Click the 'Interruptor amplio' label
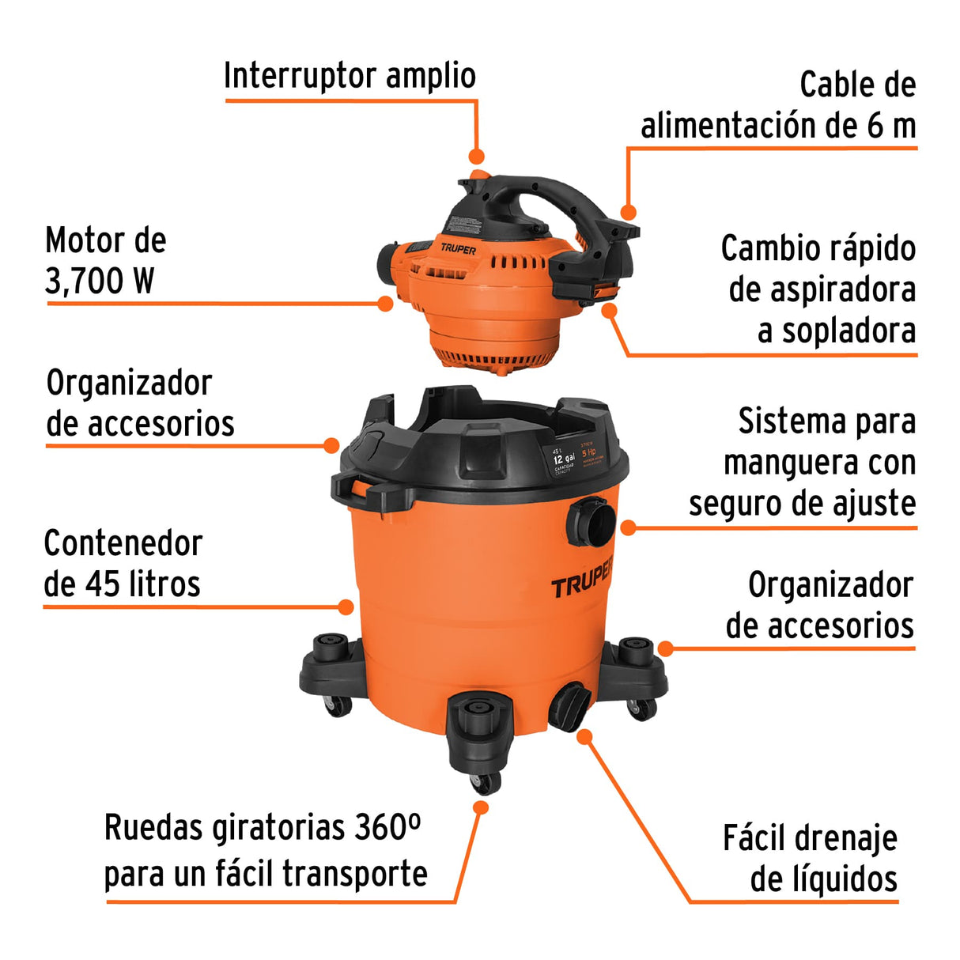[x=350, y=77]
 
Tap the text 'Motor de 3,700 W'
[x=105, y=261]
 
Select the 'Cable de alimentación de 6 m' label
[x=778, y=106]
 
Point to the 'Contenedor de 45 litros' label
[x=123, y=564]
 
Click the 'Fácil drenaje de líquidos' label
[x=811, y=859]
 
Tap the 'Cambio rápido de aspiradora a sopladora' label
[x=818, y=289]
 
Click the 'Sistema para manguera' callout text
[x=803, y=463]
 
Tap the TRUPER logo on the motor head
[x=459, y=249]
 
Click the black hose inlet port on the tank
[x=591, y=522]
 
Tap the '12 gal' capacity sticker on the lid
[x=564, y=459]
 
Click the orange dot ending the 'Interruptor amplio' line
[x=476, y=157]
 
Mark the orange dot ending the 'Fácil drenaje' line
[x=584, y=737]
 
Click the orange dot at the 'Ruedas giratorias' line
[x=480, y=807]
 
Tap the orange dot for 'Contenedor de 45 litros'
[x=346, y=607]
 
